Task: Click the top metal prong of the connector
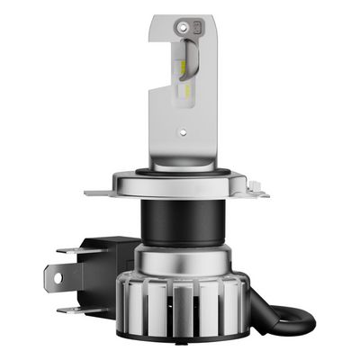pos(68,249)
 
